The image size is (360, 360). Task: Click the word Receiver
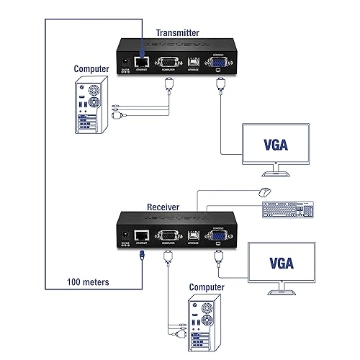click(x=163, y=207)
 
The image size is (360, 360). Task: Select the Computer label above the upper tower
click(x=91, y=69)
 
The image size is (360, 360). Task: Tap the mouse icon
click(x=264, y=192)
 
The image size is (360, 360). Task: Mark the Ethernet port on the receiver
click(x=142, y=235)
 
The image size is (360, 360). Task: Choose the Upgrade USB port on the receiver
click(x=193, y=235)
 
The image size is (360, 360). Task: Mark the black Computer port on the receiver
click(x=167, y=235)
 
